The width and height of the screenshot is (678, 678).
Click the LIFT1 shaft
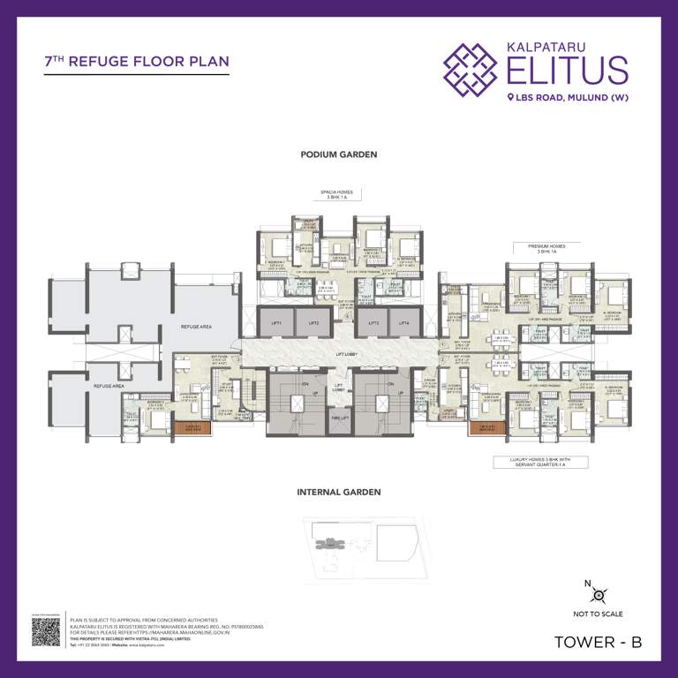(275, 323)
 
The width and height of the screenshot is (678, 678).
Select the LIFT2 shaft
(313, 323)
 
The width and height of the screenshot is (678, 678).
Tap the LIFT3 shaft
(373, 323)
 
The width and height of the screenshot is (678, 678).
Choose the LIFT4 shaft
(403, 323)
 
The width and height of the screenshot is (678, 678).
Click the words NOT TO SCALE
(599, 614)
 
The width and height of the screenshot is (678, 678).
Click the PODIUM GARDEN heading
(339, 154)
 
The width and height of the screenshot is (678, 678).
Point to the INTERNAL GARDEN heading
(339, 492)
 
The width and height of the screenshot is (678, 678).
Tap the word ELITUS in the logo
(568, 70)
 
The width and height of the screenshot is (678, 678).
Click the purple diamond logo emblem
(472, 69)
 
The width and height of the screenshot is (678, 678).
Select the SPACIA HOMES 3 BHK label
(339, 195)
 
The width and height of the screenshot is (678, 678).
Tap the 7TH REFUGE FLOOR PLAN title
(137, 62)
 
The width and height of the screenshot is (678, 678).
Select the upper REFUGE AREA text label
(196, 327)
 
